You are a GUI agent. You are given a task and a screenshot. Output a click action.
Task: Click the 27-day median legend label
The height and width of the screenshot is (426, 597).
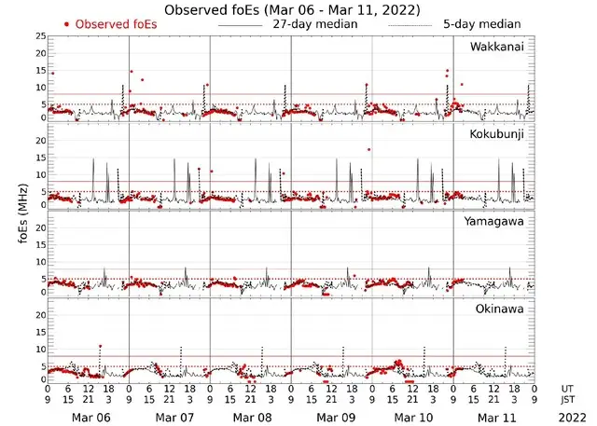point(314,24)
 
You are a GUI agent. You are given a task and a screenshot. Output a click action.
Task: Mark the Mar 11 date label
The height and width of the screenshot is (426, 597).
point(495,416)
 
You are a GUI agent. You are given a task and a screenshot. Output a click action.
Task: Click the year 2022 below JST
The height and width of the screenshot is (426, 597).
point(571,416)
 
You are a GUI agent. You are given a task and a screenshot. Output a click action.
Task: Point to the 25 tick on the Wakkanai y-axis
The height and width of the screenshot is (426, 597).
point(39,36)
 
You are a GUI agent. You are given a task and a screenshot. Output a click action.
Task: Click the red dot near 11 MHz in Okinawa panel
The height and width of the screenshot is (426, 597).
point(100,347)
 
